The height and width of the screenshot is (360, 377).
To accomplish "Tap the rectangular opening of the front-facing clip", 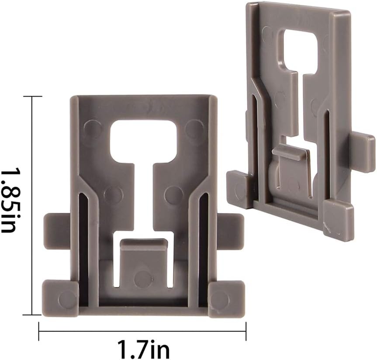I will [x=144, y=135].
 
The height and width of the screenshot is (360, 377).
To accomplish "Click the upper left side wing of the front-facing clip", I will [x=57, y=225].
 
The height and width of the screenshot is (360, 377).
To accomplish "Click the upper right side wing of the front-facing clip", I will [x=230, y=225].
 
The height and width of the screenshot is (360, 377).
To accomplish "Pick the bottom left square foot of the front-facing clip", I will [x=60, y=298].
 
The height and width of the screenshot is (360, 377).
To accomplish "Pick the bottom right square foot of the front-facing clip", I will [x=226, y=298].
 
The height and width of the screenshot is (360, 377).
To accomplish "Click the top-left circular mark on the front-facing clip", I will [x=93, y=128].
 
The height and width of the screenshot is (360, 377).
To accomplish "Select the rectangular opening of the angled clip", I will [x=299, y=50].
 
